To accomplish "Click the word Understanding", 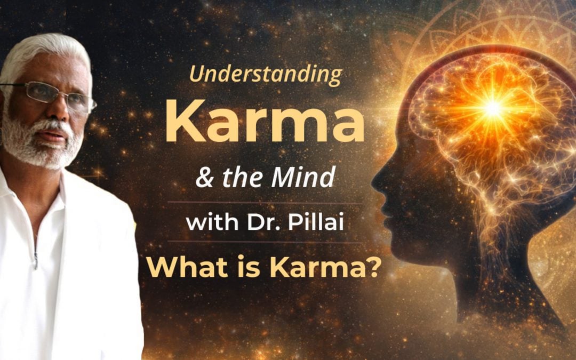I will point(266,75).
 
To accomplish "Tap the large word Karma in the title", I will point(265,124).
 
